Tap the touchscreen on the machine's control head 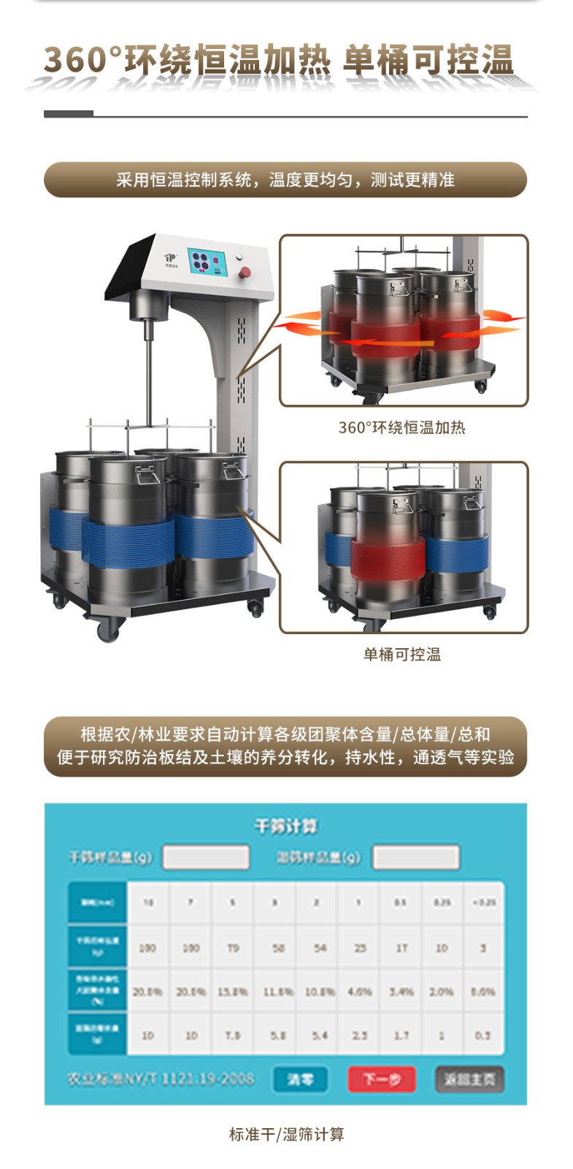click(207, 262)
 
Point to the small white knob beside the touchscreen click(238, 256)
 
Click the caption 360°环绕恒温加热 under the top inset click(401, 427)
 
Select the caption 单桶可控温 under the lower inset click(402, 654)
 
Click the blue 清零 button click(299, 1079)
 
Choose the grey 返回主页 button click(469, 1079)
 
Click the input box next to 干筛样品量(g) click(206, 857)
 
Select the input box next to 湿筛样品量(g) click(415, 857)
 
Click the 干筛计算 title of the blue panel click(285, 826)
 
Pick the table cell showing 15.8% click(233, 991)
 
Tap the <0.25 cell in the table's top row click(482, 902)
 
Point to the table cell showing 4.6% click(359, 991)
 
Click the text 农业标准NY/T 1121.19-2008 click(161, 1078)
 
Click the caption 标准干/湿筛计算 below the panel click(286, 1134)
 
